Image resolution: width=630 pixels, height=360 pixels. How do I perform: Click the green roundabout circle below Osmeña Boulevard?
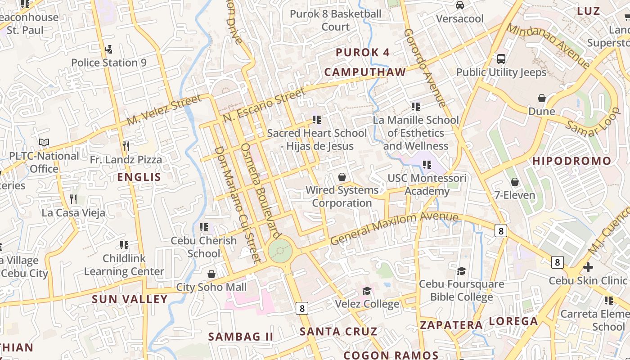coord(280,251)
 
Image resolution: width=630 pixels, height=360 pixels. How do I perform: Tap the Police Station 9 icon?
coord(108,49)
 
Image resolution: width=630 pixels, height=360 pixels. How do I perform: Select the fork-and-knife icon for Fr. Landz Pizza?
coord(126,146)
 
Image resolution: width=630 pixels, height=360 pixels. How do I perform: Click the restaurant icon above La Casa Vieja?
coord(73,199)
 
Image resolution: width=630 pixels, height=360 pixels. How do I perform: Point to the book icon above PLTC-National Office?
coord(44,143)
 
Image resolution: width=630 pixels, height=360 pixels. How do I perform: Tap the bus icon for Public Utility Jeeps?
coord(501,59)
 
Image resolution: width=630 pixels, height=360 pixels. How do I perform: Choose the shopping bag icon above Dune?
coord(542,98)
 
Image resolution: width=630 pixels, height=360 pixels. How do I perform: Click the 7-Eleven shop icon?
coord(515,182)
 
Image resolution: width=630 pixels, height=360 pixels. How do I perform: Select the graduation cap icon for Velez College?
coord(367,291)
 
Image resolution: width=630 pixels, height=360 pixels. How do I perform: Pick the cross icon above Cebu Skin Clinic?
coord(588,267)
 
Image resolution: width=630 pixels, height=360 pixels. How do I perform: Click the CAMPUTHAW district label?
coord(365,72)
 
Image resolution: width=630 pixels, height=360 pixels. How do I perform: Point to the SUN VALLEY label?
coord(130,299)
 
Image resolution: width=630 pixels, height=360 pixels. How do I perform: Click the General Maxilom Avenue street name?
coord(394,228)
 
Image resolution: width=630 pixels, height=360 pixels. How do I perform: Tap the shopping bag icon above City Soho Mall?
coord(211,274)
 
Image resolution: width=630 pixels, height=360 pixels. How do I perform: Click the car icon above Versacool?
coord(459,5)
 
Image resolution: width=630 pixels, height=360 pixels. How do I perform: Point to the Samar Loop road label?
coord(593,123)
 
